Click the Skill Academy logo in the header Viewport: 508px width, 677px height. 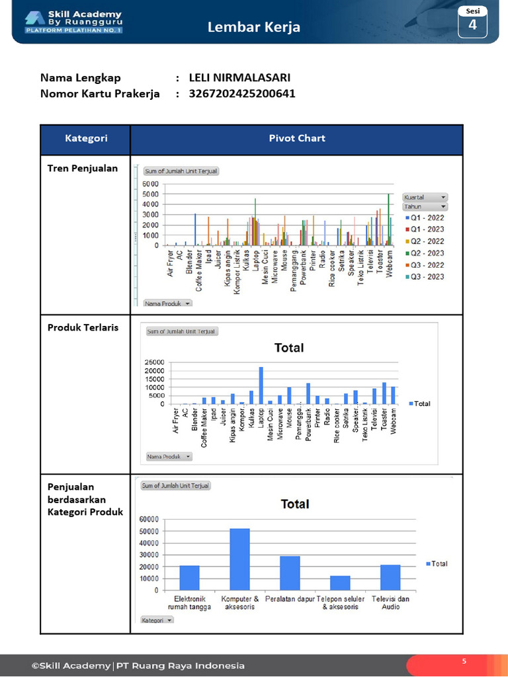coord(73,22)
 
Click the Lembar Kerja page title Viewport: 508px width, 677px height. coord(254,27)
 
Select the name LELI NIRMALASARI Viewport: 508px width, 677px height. coord(239,77)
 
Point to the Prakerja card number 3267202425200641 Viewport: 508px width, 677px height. coord(242,94)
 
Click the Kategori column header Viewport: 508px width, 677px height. coord(86,139)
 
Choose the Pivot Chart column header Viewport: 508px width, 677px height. coord(296,139)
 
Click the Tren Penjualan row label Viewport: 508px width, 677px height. coord(83,168)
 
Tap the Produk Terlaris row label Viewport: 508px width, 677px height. coord(83,327)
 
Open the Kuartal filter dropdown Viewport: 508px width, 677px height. coord(425,197)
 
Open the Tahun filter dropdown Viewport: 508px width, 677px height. coord(425,206)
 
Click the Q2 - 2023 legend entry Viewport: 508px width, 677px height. coord(424,253)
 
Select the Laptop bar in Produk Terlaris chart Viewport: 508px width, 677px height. coord(261,385)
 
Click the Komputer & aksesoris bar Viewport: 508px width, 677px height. coord(239,559)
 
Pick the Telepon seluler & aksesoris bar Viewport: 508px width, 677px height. coord(340,582)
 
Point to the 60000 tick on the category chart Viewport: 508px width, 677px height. coord(149,520)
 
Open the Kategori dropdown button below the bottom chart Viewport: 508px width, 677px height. coord(157,619)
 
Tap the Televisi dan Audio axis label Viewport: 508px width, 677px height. coord(391,602)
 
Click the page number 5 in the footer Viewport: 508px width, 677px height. coord(464,660)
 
